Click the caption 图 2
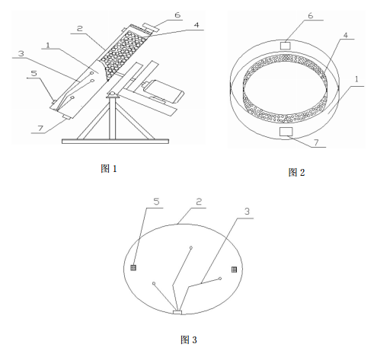pyautogui.click(x=296, y=173)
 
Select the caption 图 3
pyautogui.click(x=188, y=339)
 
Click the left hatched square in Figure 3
pyautogui.click(x=133, y=268)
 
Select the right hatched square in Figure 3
pyautogui.click(x=235, y=269)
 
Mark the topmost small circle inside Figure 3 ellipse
pyautogui.click(x=191, y=247)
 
